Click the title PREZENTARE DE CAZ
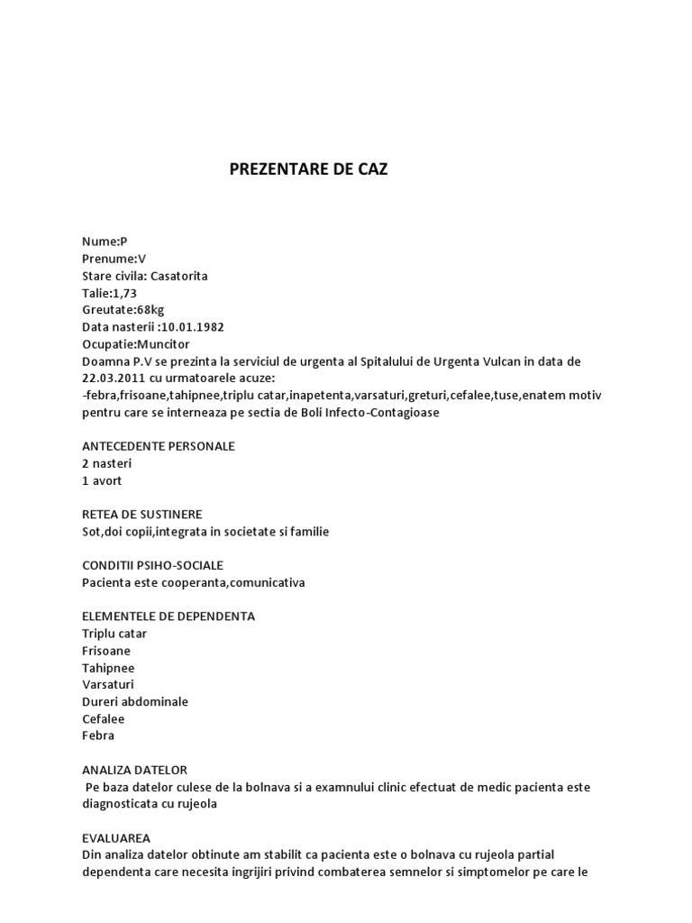point(309,169)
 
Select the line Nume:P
point(105,242)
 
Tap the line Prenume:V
point(114,259)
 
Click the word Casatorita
point(178,276)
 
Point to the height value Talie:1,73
point(112,293)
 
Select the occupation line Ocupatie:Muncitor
point(136,344)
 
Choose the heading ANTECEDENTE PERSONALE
point(158,446)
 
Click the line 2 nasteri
point(106,463)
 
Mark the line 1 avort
point(101,480)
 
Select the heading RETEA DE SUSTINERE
point(141,515)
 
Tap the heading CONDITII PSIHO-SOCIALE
point(152,565)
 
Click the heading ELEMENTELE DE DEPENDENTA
point(168,617)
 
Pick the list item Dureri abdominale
point(134,701)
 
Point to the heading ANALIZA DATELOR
point(134,770)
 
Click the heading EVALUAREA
point(116,838)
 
